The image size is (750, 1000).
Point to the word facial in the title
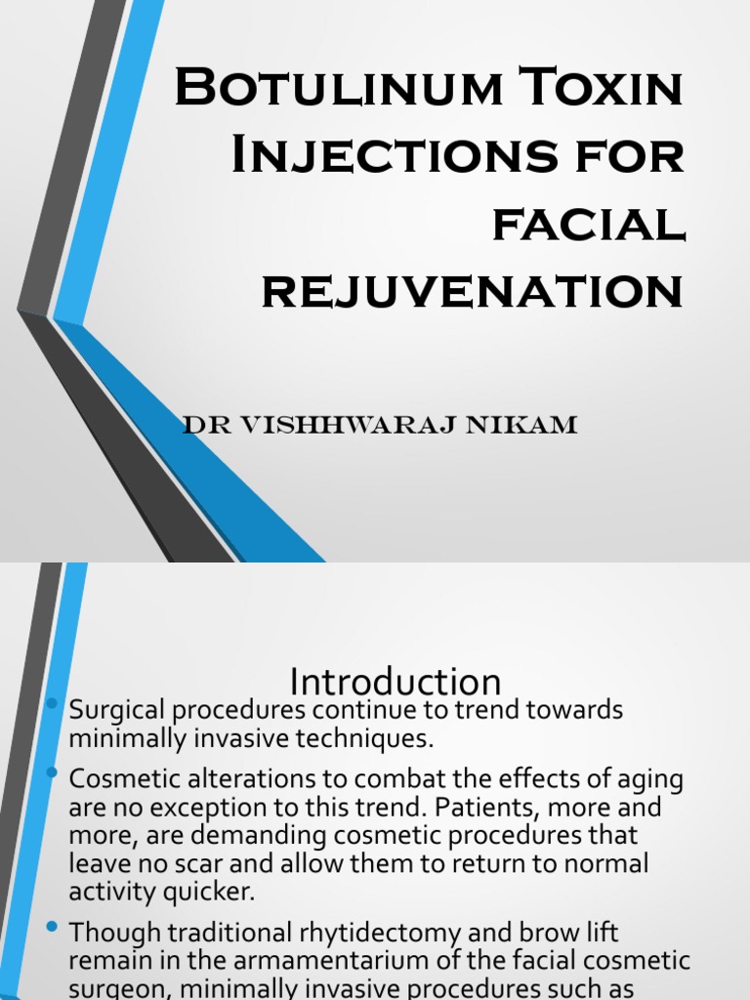click(587, 224)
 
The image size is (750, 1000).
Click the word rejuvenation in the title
click(474, 290)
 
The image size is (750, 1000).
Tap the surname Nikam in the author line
click(529, 425)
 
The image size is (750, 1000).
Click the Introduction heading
click(396, 682)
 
